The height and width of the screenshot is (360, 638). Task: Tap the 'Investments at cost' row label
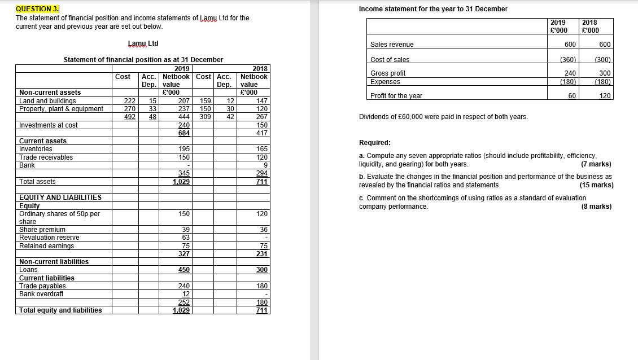pyautogui.click(x=49, y=125)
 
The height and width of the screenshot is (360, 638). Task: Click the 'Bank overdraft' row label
pyautogui.click(x=41, y=294)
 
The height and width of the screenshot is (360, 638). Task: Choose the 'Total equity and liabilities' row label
pyautogui.click(x=60, y=310)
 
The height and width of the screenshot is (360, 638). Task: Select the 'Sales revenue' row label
pyautogui.click(x=392, y=45)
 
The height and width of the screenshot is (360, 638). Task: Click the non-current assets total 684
pyautogui.click(x=184, y=133)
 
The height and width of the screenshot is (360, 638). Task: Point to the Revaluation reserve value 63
pyautogui.click(x=185, y=238)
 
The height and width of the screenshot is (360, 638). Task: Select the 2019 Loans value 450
pyautogui.click(x=184, y=270)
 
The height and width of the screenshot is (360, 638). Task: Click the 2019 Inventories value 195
pyautogui.click(x=184, y=149)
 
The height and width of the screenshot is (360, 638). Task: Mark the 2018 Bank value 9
pyautogui.click(x=265, y=165)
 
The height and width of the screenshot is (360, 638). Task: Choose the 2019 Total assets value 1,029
pyautogui.click(x=181, y=182)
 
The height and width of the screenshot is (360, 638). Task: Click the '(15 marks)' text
pyautogui.click(x=596, y=185)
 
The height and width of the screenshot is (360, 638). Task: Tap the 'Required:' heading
pyautogui.click(x=374, y=143)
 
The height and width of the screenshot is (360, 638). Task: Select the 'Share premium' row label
pyautogui.click(x=42, y=230)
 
